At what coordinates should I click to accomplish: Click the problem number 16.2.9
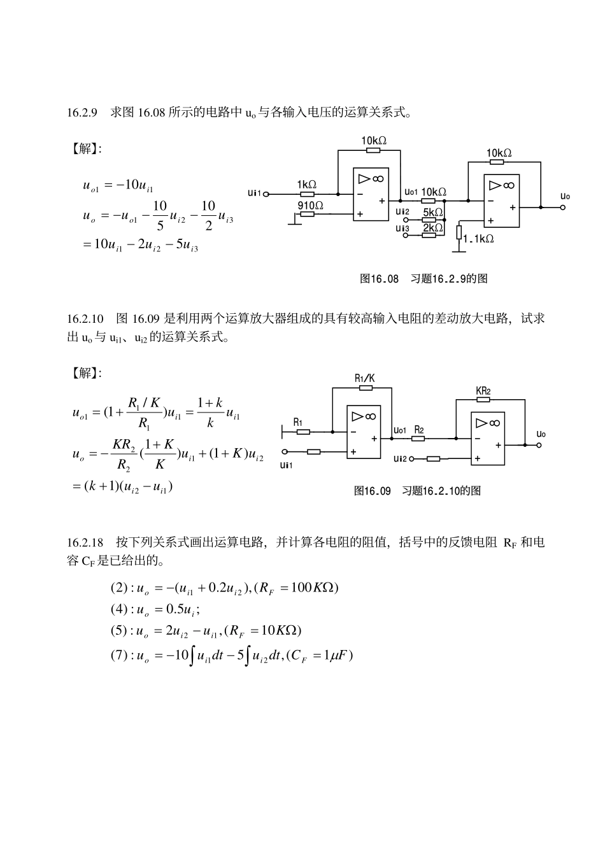82,113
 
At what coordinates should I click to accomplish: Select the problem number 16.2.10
85,318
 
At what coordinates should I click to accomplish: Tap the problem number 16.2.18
85,543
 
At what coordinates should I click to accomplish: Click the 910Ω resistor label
310,205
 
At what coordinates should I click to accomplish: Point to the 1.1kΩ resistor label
478,239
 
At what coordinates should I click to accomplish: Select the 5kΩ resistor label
433,212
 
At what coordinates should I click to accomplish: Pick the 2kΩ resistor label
433,227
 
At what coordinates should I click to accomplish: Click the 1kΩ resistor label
306,184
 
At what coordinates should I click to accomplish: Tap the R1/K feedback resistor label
365,378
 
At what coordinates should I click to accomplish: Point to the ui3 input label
402,227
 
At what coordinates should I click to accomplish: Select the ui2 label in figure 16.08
402,212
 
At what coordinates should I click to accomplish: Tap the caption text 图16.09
373,491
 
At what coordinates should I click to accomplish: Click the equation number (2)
119,587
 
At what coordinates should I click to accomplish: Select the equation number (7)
119,655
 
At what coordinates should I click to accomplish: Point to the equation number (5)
119,630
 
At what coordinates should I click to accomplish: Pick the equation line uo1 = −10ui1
118,185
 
